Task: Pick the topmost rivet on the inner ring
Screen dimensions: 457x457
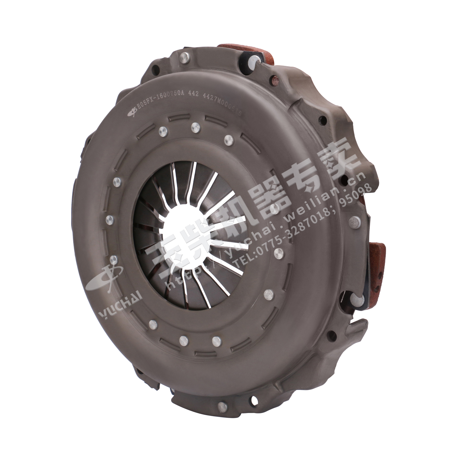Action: pyautogui.click(x=194, y=126)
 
